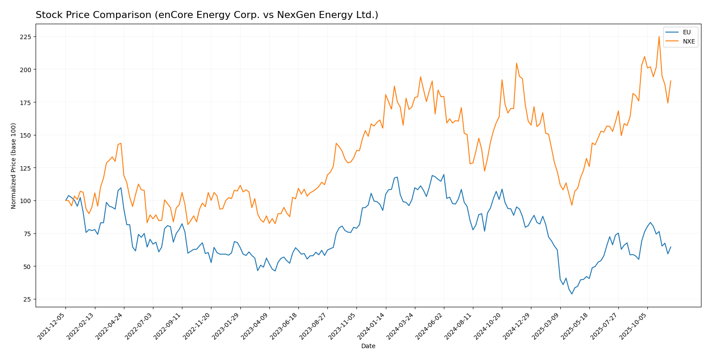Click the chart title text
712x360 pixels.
pyautogui.click(x=207, y=15)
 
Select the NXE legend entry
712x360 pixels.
pyautogui.click(x=688, y=42)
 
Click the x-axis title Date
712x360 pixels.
pyautogui.click(x=368, y=346)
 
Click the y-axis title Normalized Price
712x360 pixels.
pyautogui.click(x=14, y=166)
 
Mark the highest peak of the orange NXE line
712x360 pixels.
pyautogui.click(x=659, y=37)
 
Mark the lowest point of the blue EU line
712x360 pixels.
pyautogui.click(x=572, y=294)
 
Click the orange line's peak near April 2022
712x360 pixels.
pyautogui.click(x=121, y=143)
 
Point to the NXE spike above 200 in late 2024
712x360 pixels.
pyautogui.click(x=516, y=63)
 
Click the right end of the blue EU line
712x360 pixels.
pyautogui.click(x=671, y=247)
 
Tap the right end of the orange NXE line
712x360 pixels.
pyautogui.click(x=671, y=81)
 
